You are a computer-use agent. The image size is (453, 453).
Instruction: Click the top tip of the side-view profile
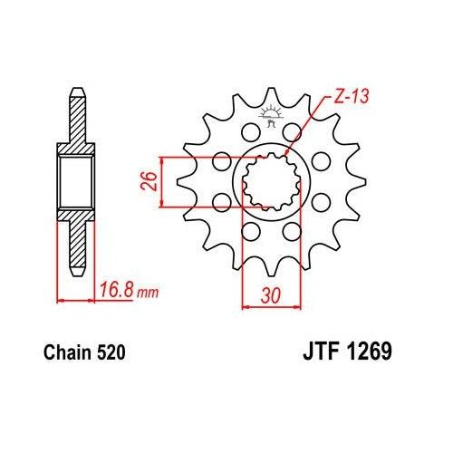(x=76, y=92)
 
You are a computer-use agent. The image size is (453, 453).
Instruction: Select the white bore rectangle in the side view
(x=76, y=182)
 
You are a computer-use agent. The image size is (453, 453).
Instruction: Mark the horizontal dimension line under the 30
(x=269, y=306)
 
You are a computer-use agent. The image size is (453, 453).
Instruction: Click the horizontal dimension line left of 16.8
(x=76, y=299)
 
